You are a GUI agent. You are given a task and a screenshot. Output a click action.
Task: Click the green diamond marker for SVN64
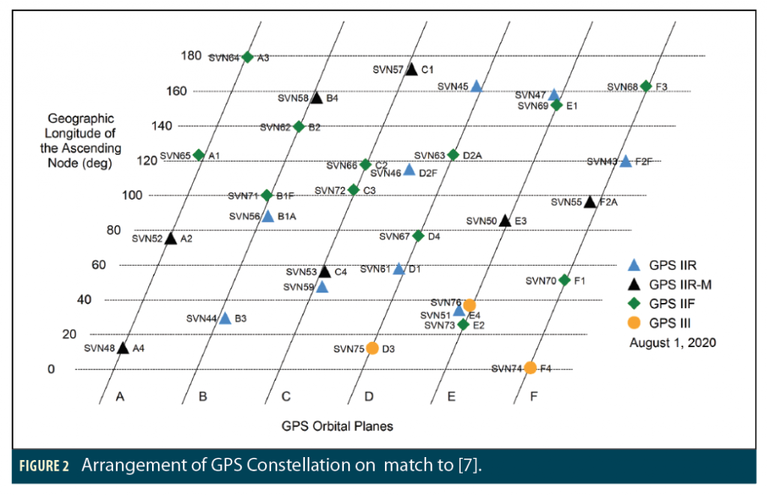point(248,57)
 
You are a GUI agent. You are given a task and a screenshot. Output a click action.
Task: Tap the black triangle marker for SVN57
point(411,70)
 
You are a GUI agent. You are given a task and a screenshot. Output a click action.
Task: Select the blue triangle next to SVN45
point(476,86)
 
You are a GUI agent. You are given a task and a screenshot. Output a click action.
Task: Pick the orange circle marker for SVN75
point(372,348)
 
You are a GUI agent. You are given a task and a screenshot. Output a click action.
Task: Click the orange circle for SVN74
point(530,367)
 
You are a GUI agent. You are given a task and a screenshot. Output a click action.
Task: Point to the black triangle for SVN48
point(123,348)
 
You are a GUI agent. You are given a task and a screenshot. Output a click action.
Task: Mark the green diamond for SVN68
point(646,86)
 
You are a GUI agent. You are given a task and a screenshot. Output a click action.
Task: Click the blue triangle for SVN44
point(225,318)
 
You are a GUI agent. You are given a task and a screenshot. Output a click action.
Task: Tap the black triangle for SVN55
point(590,202)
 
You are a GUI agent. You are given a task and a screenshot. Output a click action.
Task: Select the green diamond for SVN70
point(565,281)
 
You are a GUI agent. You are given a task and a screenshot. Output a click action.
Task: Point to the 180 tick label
point(191,55)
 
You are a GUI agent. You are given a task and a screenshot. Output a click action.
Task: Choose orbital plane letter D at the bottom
point(369,397)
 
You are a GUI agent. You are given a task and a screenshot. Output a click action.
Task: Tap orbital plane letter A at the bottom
point(119,397)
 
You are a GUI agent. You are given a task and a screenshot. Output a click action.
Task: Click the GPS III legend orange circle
point(634,323)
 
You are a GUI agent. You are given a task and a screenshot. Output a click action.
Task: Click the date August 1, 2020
point(673,343)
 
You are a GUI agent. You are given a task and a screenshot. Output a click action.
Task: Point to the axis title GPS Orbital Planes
point(337,426)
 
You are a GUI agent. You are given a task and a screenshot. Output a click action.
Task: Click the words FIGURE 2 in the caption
point(44,466)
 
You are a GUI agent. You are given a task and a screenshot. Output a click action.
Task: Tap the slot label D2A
point(473,155)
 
